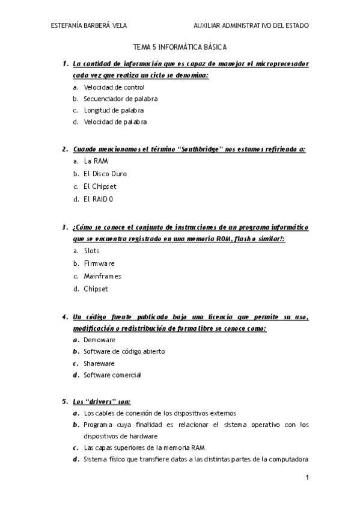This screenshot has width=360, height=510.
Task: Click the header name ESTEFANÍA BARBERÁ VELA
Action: pos(90,26)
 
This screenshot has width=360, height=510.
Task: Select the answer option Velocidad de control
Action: pos(114,87)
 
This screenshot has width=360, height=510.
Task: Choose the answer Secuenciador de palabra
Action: pos(121,99)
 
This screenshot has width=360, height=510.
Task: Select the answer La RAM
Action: pos(96,161)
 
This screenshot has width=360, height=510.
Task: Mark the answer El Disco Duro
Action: pos(105,174)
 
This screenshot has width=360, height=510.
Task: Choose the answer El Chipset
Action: pos(100,186)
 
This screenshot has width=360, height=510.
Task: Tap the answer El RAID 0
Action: pos(99,199)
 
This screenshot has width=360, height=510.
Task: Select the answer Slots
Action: pos(91,251)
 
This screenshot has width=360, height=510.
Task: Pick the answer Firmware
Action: pos(99,263)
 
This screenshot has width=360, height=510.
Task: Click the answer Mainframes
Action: pos(102,276)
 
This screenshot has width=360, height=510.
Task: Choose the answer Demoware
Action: pos(99,340)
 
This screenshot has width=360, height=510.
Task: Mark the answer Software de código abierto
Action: pos(124,351)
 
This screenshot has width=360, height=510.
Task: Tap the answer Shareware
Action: pos(99,363)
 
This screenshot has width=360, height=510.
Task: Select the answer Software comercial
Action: pos(112,375)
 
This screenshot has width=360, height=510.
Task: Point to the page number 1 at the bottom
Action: pos(307,478)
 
